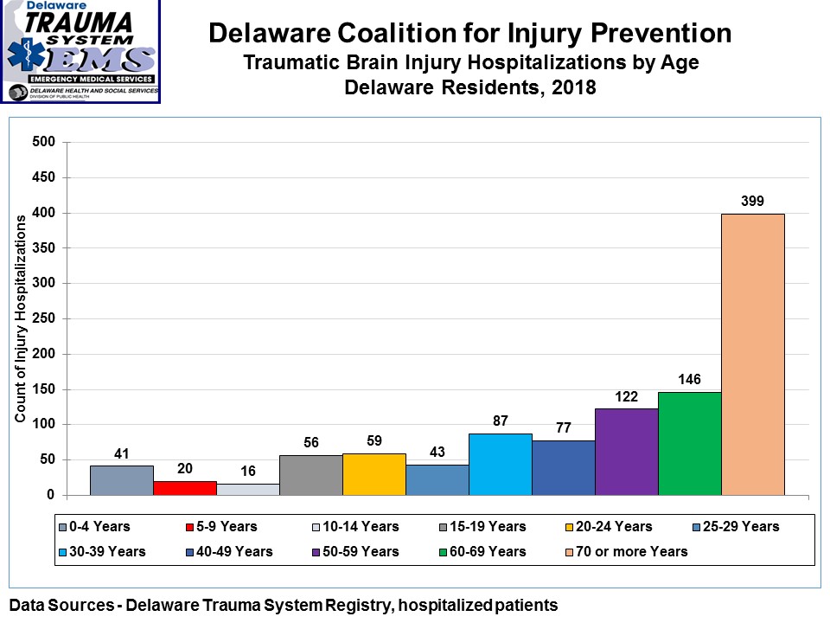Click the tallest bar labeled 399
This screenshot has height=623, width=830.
[752, 354]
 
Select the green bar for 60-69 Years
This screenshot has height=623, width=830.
[689, 443]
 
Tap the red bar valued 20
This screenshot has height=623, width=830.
[185, 488]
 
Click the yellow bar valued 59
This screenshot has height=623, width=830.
[374, 474]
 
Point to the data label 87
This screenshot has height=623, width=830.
[501, 420]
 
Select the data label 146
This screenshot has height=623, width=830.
[689, 379]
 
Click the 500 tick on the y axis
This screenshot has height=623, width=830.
[43, 143]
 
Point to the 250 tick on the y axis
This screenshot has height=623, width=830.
[43, 319]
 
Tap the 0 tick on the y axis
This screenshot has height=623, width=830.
[51, 495]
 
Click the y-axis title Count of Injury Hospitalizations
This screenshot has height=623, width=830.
[20, 319]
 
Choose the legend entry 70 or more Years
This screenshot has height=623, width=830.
[634, 551]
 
